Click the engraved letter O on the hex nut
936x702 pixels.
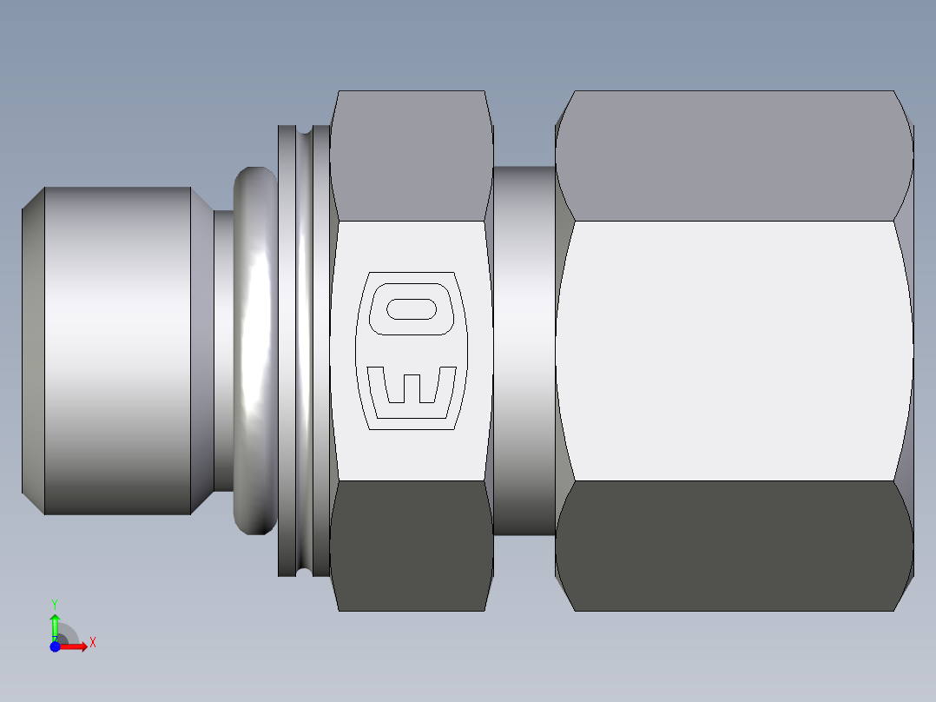pyautogui.click(x=412, y=310)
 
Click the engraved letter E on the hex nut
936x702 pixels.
pyautogui.click(x=412, y=386)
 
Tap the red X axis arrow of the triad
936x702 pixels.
pyautogui.click(x=75, y=646)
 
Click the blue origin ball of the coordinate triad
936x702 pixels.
pyautogui.click(x=55, y=646)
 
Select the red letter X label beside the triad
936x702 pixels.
pyautogui.click(x=92, y=643)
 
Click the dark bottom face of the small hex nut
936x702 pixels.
pyautogui.click(x=412, y=546)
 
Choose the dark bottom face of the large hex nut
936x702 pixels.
pyautogui.click(x=734, y=546)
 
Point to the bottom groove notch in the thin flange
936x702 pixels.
pyautogui.click(x=304, y=570)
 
